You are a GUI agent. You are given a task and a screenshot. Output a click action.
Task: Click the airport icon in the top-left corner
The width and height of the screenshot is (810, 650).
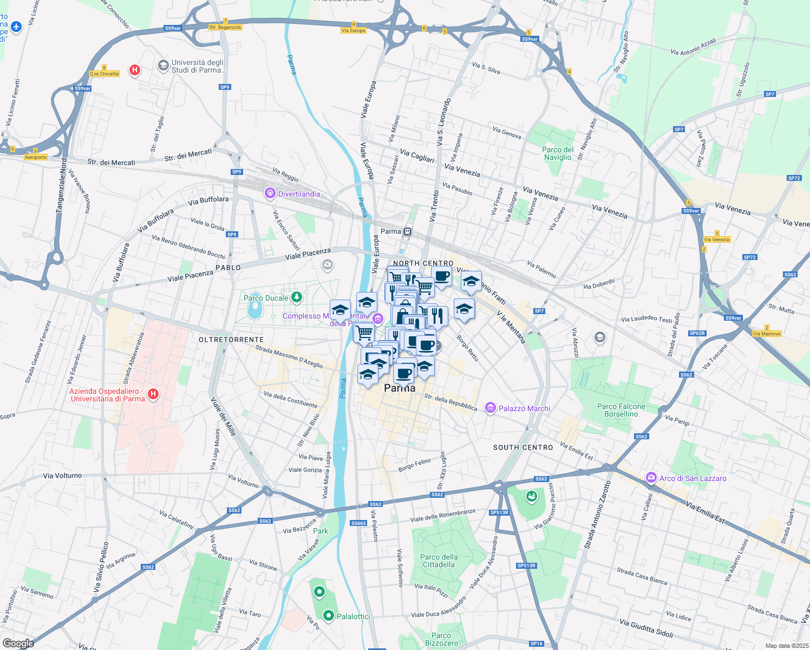coord(16,27)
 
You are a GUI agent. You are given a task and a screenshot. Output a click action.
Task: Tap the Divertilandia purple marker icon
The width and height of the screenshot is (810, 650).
coord(270,193)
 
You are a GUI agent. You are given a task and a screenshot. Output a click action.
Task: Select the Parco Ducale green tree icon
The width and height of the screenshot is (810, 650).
coord(296,297)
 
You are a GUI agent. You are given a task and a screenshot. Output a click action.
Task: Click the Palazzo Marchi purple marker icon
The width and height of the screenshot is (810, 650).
coord(491,408)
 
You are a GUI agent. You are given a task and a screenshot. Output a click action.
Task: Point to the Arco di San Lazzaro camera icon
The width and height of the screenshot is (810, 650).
coord(651,478)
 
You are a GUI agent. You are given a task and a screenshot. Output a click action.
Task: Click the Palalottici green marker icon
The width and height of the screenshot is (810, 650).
coord(328,615)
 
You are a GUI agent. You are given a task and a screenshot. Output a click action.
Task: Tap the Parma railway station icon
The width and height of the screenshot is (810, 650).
coord(408,232)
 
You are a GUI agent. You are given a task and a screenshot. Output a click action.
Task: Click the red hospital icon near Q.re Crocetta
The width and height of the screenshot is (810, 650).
coord(134,70)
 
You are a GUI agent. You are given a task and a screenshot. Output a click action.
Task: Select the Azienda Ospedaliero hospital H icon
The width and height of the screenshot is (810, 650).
coord(153,394)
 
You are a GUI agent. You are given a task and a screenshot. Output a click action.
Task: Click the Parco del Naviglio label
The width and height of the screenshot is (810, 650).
coord(558,153)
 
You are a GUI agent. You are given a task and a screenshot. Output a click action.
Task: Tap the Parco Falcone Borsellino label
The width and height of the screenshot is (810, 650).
coord(621,410)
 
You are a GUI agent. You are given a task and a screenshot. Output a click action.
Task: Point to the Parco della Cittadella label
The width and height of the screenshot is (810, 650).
coord(439,561)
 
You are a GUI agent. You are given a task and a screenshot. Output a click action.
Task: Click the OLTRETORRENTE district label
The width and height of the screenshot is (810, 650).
coord(231,340)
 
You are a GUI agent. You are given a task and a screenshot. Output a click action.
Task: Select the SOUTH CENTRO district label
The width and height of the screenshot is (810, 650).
coord(523,447)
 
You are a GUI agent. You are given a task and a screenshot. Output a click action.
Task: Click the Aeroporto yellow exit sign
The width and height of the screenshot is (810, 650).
coord(36,157)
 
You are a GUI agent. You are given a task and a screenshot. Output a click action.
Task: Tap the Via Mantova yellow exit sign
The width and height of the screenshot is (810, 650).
coord(767,334)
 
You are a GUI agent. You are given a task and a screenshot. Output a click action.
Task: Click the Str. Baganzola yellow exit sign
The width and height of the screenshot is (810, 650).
coord(225,27)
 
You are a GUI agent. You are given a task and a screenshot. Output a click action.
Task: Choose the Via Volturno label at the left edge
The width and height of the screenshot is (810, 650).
coord(62,476)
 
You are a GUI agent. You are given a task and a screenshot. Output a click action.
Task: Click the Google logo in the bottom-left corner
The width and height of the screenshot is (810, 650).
coord(18,643)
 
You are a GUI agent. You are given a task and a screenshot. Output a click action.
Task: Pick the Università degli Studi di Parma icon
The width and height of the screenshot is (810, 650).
coord(163,66)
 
